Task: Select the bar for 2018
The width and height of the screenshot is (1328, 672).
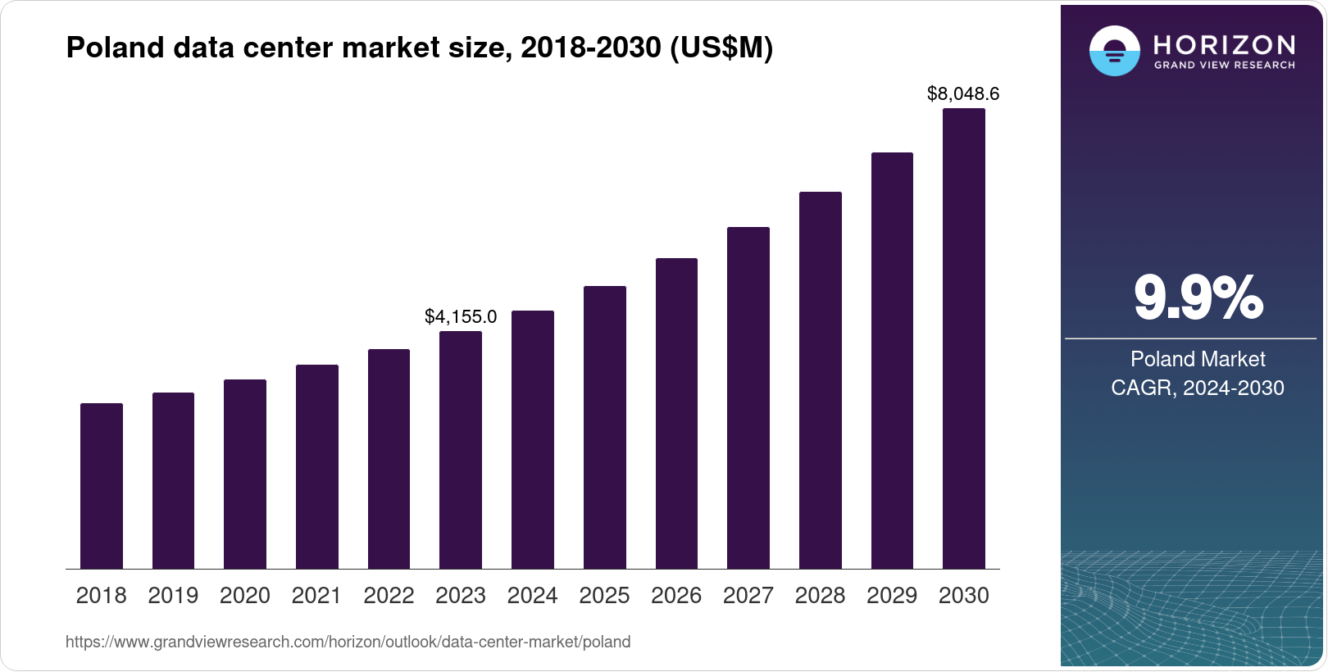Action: point(102,486)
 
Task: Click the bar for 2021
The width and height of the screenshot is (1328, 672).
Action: point(317,466)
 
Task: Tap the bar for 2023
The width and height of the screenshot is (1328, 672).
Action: point(461,450)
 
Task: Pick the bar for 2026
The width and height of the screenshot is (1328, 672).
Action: point(676,414)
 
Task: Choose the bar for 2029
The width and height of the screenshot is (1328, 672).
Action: point(892,361)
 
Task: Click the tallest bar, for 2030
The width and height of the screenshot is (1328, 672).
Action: point(964,338)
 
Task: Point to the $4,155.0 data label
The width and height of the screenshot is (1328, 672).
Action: point(461,316)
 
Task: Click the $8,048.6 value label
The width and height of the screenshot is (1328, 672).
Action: point(963,94)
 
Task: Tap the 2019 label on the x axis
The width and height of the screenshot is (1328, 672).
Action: point(173,596)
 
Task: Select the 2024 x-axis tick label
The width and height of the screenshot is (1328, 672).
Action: point(533,596)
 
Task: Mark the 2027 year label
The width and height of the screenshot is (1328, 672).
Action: point(748,596)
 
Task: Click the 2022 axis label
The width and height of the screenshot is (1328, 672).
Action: point(389,596)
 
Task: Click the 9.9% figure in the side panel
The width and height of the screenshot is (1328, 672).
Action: point(1198,298)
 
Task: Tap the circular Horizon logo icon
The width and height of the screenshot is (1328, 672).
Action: point(1114,51)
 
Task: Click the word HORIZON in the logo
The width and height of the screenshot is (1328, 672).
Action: point(1224,44)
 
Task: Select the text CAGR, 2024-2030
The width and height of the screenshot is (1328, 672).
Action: point(1198,388)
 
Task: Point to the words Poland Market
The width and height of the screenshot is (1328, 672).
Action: point(1198,359)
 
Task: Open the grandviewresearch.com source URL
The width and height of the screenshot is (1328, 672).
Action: point(348,642)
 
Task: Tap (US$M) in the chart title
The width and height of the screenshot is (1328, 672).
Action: point(721,48)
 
